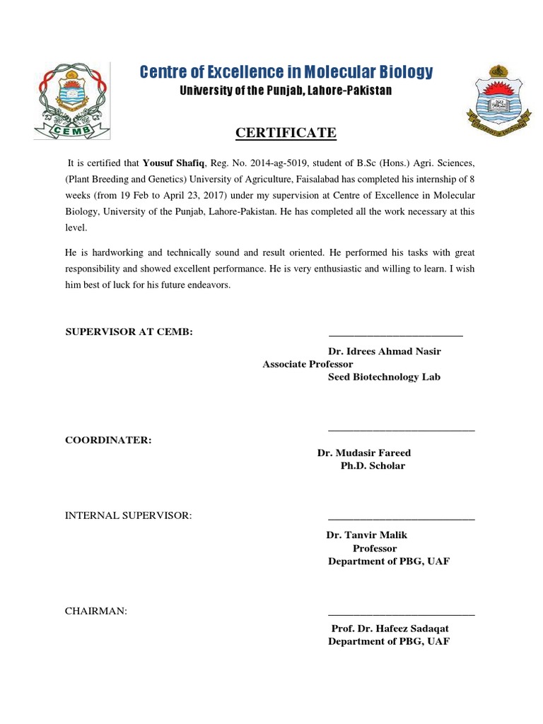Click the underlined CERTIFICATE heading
click(286, 133)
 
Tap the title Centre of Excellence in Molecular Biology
click(286, 72)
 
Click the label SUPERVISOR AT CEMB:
click(129, 332)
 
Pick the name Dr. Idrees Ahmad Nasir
click(384, 351)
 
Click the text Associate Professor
click(308, 364)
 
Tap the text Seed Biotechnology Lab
click(384, 377)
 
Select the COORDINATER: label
click(108, 440)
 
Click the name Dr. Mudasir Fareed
click(364, 452)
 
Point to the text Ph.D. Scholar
click(373, 466)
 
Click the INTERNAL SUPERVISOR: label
click(129, 515)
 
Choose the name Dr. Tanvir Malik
click(367, 535)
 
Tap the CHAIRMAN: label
click(96, 611)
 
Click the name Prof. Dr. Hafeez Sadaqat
click(390, 629)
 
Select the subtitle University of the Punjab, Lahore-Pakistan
click(286, 90)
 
